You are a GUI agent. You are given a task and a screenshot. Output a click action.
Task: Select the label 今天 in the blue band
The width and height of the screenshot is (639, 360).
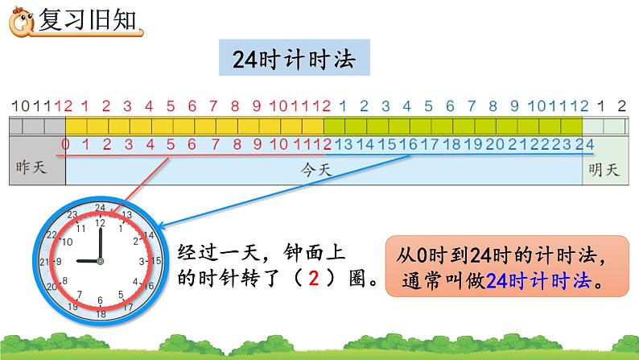323,171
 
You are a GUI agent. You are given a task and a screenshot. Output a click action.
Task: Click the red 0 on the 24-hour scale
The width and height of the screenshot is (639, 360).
64,145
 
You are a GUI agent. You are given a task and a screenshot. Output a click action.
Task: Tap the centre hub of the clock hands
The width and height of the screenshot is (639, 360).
99,261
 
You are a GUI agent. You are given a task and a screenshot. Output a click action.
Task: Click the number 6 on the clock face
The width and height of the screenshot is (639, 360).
99,300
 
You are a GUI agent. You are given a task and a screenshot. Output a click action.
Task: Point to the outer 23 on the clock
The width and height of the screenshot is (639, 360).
72,215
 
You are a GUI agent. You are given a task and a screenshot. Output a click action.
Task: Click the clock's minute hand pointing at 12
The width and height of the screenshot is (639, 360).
99,242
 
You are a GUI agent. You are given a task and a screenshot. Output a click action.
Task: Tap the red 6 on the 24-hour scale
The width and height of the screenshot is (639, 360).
191,145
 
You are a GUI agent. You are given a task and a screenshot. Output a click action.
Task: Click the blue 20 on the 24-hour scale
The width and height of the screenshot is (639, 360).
495,145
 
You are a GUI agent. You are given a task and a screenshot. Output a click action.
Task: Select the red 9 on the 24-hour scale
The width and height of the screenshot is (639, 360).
256,145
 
